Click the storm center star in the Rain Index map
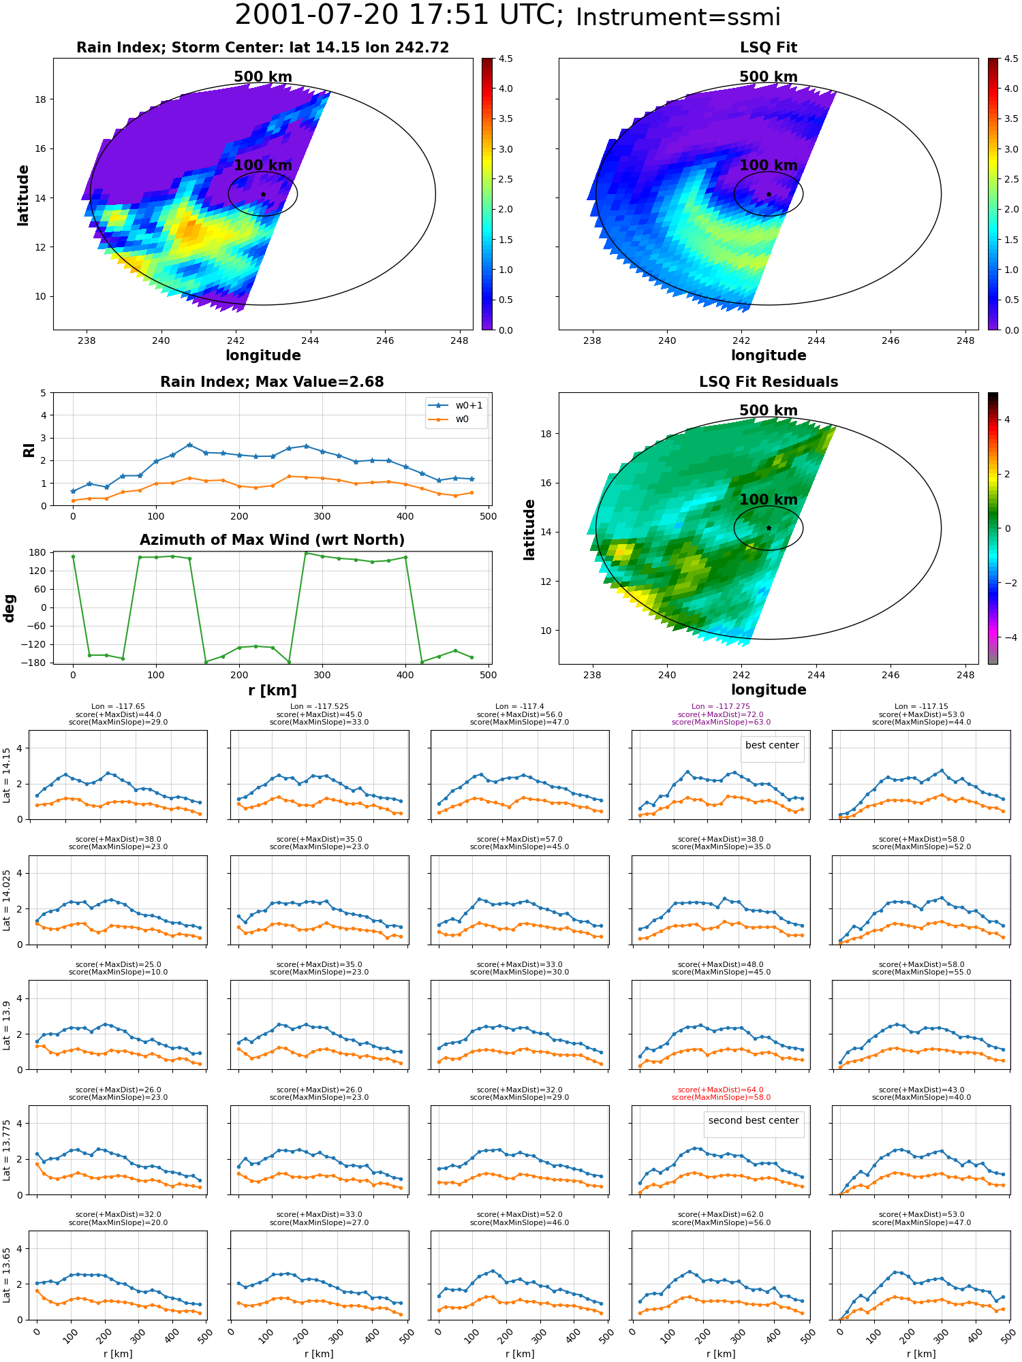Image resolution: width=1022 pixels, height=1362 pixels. pyautogui.click(x=263, y=195)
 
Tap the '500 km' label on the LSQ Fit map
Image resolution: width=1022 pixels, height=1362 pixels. pyautogui.click(x=769, y=77)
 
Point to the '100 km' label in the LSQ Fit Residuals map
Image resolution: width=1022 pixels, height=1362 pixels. pyautogui.click(x=769, y=500)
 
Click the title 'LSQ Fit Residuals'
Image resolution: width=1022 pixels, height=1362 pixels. pyautogui.click(x=769, y=382)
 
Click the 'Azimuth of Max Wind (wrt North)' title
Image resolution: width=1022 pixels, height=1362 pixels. pyautogui.click(x=272, y=540)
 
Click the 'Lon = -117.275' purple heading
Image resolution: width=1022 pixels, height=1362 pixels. pyautogui.click(x=721, y=707)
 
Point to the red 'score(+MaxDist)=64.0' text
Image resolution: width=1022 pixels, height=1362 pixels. pyautogui.click(x=721, y=1090)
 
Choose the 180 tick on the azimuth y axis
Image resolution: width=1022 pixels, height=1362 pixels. pyautogui.click(x=39, y=552)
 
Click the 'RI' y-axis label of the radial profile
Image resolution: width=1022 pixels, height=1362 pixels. pyautogui.click(x=29, y=449)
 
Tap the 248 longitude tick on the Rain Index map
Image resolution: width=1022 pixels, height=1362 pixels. pyautogui.click(x=460, y=340)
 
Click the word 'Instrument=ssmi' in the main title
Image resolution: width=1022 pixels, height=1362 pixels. pyautogui.click(x=678, y=18)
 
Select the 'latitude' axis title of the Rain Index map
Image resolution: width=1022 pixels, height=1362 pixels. pyautogui.click(x=23, y=195)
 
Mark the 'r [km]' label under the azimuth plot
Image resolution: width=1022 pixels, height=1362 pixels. pyautogui.click(x=272, y=690)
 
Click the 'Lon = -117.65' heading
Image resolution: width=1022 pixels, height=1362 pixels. pyautogui.click(x=118, y=707)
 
